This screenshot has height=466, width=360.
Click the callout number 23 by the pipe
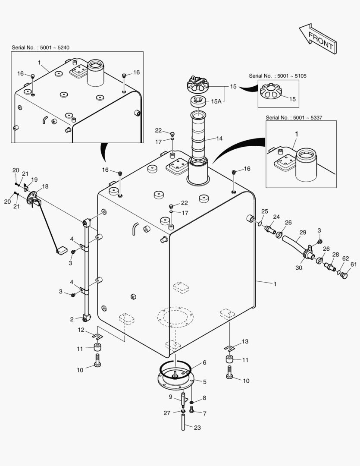click(197, 428)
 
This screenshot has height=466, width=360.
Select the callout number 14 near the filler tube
click(219, 139)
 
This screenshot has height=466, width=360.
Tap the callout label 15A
click(216, 101)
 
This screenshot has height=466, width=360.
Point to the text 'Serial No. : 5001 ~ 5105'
click(278, 76)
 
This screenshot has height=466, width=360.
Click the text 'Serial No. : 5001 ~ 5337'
click(294, 117)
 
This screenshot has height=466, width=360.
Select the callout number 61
click(354, 264)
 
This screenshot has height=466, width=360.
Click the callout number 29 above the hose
click(303, 232)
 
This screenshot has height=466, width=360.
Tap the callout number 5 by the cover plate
click(205, 381)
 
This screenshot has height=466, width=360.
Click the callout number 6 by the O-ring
click(204, 362)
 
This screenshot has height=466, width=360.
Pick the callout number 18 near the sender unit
click(46, 186)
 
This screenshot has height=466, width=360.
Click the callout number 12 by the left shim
click(81, 330)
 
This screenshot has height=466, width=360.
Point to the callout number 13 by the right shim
click(245, 341)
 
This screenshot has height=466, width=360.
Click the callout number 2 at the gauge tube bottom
click(72, 319)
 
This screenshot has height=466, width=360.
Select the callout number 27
click(167, 413)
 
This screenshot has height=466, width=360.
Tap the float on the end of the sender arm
click(61, 250)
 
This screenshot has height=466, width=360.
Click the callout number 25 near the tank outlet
click(264, 211)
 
